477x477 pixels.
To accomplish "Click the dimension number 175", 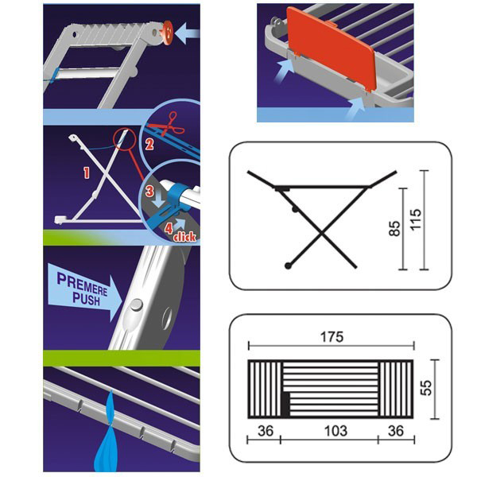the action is click(332, 337).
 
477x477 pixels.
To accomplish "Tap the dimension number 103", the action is click(335, 431).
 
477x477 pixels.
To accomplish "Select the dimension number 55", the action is click(426, 388).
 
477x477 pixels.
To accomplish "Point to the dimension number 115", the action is click(416, 219).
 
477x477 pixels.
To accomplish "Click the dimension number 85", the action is click(394, 228).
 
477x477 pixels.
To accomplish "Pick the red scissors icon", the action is click(169, 125).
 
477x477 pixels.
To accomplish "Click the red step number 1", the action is click(87, 173).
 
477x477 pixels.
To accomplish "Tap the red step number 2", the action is click(149, 144).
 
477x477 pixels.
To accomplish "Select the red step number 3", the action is click(149, 192).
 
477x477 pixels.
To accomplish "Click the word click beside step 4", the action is click(184, 237).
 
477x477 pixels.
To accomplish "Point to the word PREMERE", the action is click(82, 285).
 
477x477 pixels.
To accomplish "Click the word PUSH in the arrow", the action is click(86, 299).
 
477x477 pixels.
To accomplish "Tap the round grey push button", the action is click(136, 304).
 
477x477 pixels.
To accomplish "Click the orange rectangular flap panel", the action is click(331, 48).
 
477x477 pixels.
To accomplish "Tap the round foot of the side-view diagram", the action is click(288, 266).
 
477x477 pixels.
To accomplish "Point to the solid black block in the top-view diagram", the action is click(285, 405).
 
